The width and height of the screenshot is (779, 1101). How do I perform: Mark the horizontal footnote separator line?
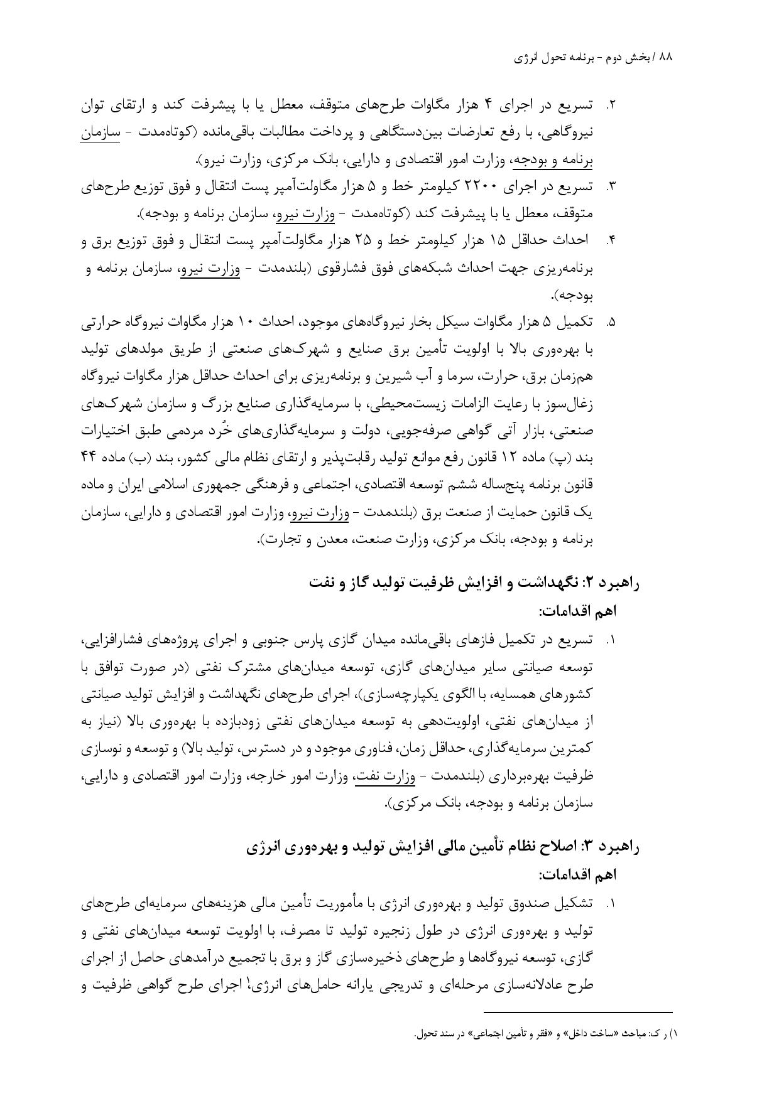click(x=578, y=1012)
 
